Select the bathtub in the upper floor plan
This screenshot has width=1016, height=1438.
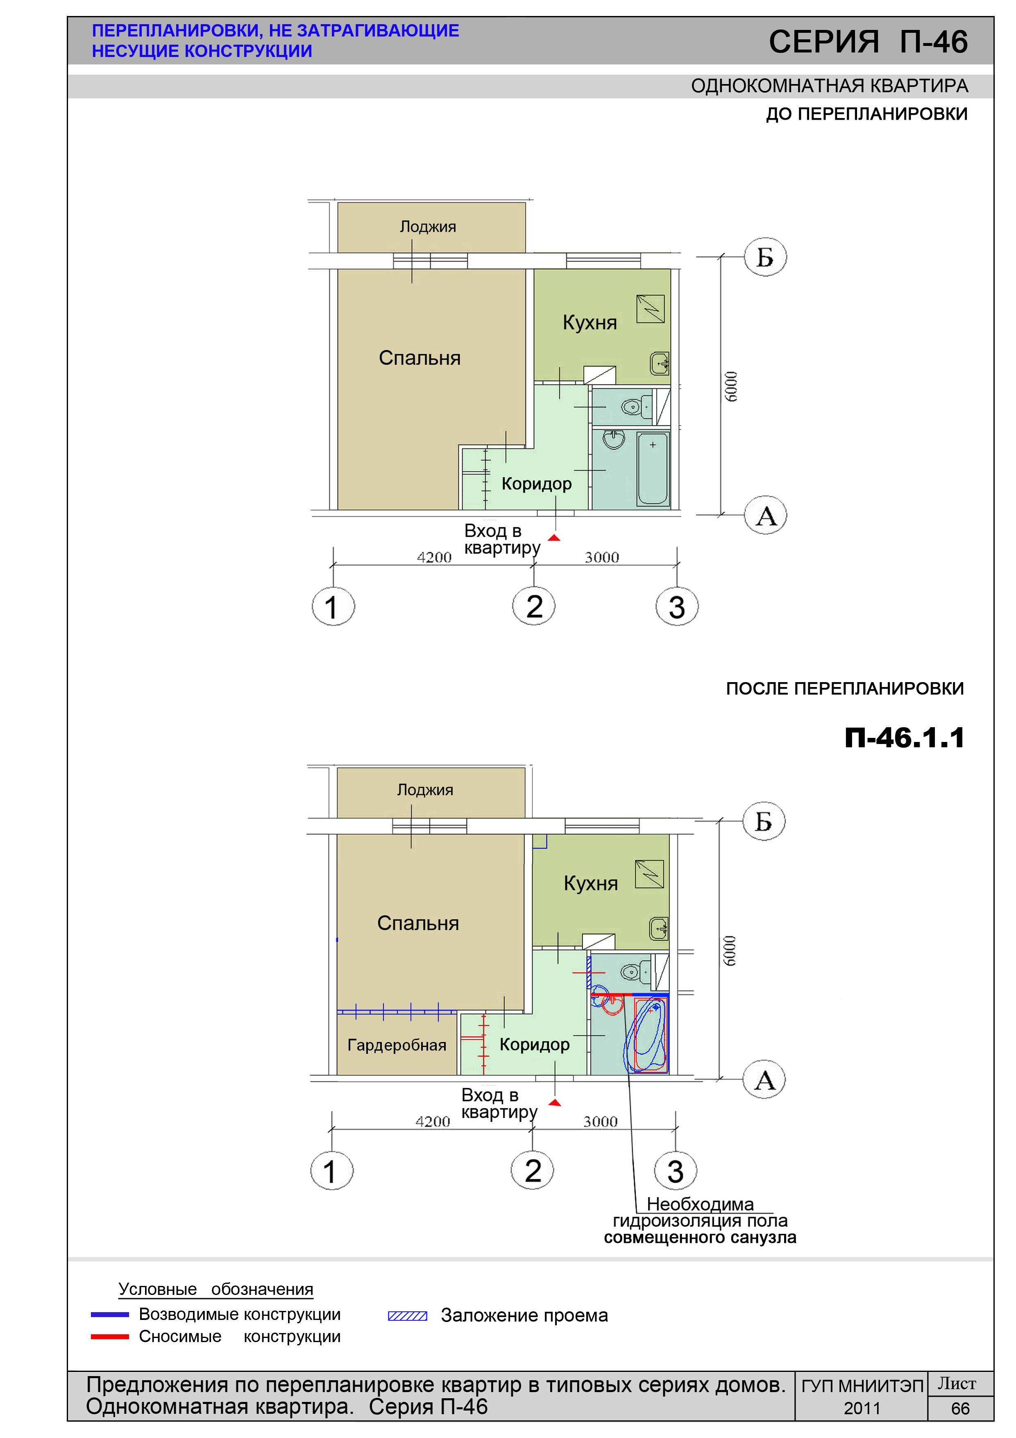[653, 469]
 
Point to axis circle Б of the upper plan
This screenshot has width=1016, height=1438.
[765, 257]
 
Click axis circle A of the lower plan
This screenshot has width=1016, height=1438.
[764, 1081]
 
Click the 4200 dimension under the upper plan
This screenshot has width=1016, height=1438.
[434, 557]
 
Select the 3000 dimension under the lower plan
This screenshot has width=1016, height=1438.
[600, 1121]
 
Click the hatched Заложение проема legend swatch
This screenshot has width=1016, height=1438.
[408, 1316]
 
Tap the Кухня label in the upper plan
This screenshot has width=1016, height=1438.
[590, 323]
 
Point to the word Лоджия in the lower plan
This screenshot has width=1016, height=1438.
[425, 790]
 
